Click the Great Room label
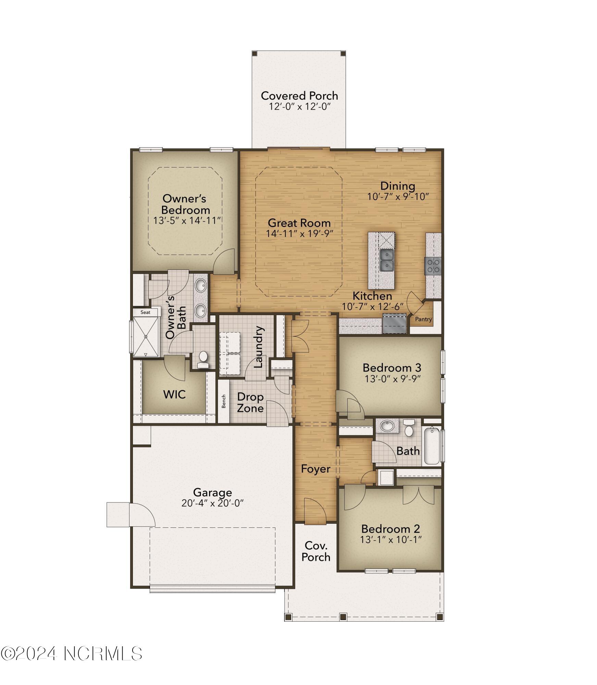pyautogui.click(x=299, y=223)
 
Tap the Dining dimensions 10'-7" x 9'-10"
pyautogui.click(x=398, y=197)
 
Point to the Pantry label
pyautogui.click(x=423, y=319)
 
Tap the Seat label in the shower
pyautogui.click(x=145, y=312)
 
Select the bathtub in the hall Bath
pyautogui.click(x=432, y=446)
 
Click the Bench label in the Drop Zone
pyautogui.click(x=224, y=401)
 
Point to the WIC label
pyautogui.click(x=174, y=395)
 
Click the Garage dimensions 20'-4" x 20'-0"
pyautogui.click(x=212, y=503)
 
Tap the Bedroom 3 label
pyautogui.click(x=391, y=368)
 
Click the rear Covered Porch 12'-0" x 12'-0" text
pyautogui.click(x=299, y=107)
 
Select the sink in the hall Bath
pyautogui.click(x=387, y=426)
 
